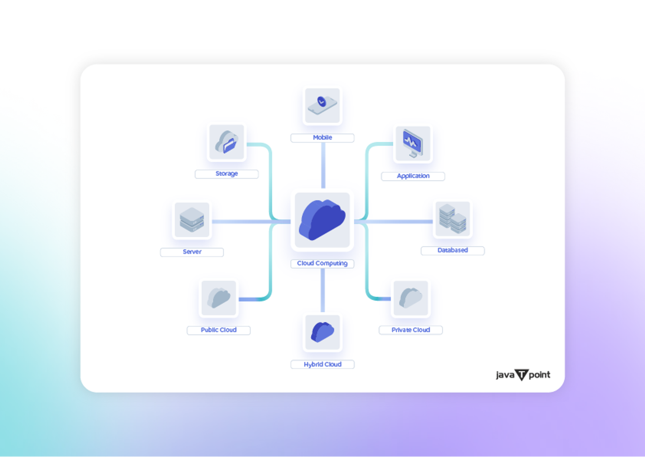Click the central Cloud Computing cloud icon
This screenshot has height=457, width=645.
322,220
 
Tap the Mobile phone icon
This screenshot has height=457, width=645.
322,105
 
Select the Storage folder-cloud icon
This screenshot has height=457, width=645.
226,142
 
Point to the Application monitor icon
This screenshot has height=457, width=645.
413,144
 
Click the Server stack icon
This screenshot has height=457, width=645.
192,220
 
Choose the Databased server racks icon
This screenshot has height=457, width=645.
452,219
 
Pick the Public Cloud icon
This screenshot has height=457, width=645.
219,298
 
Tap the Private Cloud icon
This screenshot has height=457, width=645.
411,298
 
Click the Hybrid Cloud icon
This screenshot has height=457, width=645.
322,332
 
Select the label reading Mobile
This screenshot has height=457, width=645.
322,137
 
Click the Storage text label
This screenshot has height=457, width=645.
226,174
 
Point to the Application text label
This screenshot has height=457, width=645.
413,176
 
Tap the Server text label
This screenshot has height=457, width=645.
192,252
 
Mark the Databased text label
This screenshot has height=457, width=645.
452,250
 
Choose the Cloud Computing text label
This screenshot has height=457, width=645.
322,263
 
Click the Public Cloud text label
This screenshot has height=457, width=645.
219,330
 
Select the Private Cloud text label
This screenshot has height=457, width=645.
411,330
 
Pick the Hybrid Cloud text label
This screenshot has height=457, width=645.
322,364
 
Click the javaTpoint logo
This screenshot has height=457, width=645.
523,375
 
